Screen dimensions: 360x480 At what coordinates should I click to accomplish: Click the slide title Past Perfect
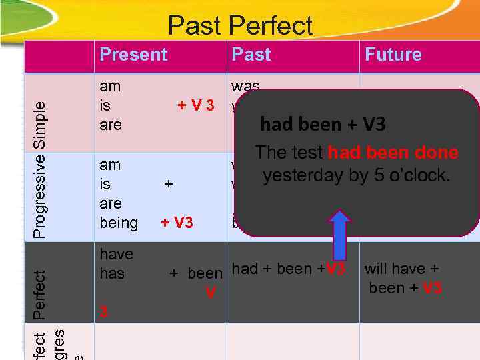tap(240, 26)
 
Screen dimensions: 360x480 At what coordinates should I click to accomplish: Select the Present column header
tap(133, 55)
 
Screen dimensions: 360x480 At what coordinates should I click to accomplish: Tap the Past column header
tap(251, 55)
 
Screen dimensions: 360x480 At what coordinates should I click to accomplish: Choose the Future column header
tap(393, 55)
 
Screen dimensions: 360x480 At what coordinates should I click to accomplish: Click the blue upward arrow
tap(340, 235)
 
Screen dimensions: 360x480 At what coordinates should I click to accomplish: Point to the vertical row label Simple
tap(41, 125)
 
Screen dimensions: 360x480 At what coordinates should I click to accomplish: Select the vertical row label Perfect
tap(41, 293)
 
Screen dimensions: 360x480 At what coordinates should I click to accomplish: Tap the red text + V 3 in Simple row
tap(195, 106)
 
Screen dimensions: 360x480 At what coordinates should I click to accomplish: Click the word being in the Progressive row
tap(119, 223)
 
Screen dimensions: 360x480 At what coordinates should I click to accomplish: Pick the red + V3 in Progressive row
tap(177, 223)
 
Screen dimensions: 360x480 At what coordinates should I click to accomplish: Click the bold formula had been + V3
tap(323, 125)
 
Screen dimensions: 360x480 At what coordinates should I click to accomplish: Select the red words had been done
tap(393, 153)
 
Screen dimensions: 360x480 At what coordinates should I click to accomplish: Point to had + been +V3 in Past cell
tap(288, 269)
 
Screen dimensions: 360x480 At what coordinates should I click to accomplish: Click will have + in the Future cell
tap(401, 269)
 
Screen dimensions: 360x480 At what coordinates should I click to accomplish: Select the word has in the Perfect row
tap(112, 273)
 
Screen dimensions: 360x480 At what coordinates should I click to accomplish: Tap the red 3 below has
tap(103, 312)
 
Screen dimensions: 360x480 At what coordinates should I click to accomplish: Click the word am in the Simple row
tap(110, 86)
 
